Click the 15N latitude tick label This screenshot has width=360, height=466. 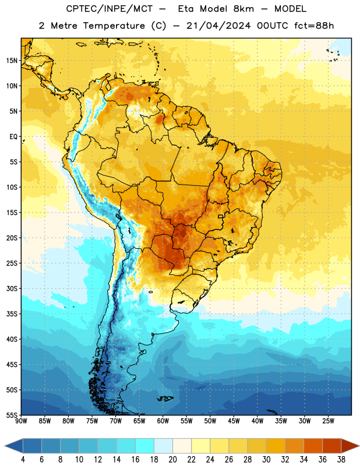12,61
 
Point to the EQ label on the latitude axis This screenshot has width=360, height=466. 13,137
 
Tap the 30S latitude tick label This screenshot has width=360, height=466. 12,288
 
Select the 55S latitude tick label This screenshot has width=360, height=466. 12,415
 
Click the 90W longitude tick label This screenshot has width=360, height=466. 21,421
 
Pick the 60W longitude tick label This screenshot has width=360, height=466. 163,421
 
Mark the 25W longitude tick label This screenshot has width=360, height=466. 328,421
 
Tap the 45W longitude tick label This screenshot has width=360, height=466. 234,421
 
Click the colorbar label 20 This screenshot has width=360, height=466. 172,460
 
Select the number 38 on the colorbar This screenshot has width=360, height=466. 341,460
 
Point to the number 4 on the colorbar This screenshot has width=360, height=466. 23,460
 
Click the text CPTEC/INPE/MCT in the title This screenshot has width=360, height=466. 109,9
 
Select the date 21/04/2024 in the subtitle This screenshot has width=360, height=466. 218,26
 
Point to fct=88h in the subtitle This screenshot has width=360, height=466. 314,26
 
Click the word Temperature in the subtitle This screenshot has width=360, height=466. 114,26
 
